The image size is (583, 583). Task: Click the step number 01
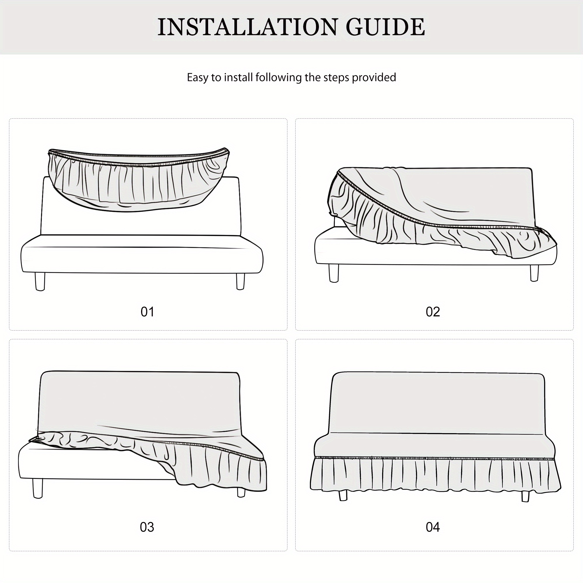tap(147, 312)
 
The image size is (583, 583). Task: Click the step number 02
tap(433, 312)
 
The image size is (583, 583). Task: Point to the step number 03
tap(147, 527)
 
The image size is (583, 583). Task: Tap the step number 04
tap(433, 527)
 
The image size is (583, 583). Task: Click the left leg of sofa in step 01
tap(40, 281)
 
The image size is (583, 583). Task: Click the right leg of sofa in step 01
tap(240, 281)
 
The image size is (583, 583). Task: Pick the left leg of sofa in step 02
tap(334, 273)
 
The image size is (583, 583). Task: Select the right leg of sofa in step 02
tap(534, 273)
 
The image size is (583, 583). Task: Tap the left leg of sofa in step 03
tap(38, 488)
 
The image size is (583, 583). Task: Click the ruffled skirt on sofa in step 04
tap(435, 475)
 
